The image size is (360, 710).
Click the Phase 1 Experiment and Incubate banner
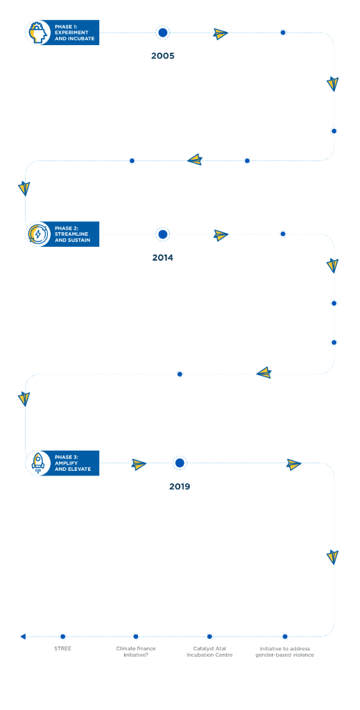[x=62, y=33]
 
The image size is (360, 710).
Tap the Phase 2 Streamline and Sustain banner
[x=62, y=234]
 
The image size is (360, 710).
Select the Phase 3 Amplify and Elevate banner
[x=62, y=462]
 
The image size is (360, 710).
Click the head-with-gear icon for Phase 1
[x=37, y=33]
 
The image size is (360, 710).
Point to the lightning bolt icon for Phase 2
[x=37, y=234]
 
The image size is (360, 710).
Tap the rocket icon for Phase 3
[x=37, y=462]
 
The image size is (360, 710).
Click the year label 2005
[x=162, y=56]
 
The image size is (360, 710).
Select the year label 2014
[x=162, y=258]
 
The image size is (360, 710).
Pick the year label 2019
[x=180, y=487]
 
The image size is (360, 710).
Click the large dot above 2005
[x=162, y=33]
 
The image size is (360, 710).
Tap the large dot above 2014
[x=162, y=234]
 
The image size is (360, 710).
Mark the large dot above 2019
[x=180, y=462]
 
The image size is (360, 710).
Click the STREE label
[x=62, y=648]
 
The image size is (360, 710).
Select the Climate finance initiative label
[x=136, y=652]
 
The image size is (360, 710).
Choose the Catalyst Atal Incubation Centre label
[x=209, y=652]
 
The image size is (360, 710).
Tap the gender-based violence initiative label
[x=285, y=652]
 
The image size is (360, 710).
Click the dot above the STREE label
[x=62, y=637]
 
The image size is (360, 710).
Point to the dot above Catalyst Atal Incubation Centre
[x=209, y=637]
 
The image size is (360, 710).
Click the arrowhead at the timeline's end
[x=23, y=637]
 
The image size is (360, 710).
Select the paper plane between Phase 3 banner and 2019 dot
[x=139, y=464]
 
